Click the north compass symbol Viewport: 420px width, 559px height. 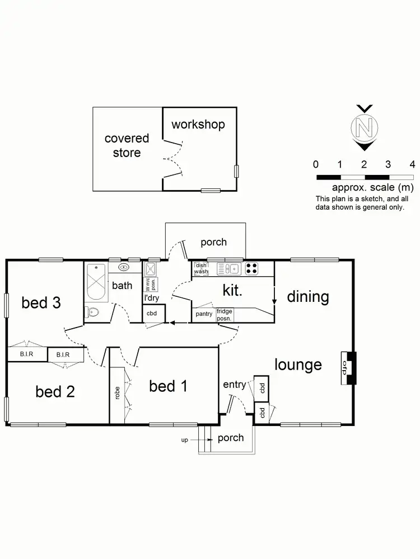click(x=363, y=128)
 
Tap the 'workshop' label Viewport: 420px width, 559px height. click(x=198, y=124)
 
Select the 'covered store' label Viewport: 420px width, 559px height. click(x=127, y=145)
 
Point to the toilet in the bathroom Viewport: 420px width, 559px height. click(x=92, y=312)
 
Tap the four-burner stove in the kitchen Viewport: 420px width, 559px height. click(x=252, y=269)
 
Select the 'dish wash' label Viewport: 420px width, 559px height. click(x=202, y=268)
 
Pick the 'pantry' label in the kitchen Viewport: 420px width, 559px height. click(x=204, y=314)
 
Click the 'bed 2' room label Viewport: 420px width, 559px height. click(x=55, y=391)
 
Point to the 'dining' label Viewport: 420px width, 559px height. click(x=308, y=296)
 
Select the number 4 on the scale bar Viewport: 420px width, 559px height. click(x=412, y=164)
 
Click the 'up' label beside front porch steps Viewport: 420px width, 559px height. click(x=184, y=440)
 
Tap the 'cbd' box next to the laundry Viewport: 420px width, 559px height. click(x=152, y=314)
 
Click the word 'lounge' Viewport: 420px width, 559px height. click(x=298, y=365)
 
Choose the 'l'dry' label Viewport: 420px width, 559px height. click(x=152, y=299)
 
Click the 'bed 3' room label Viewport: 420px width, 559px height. click(x=41, y=303)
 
